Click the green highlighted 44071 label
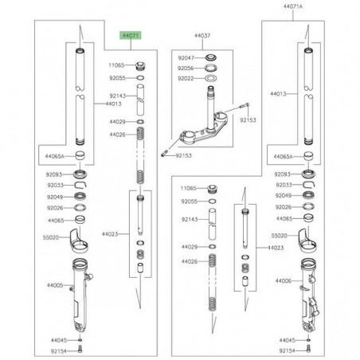[129, 37]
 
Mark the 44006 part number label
[284, 282]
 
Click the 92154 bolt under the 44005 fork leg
[82, 349]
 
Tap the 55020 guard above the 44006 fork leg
[311, 239]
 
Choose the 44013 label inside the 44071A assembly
[279, 94]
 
